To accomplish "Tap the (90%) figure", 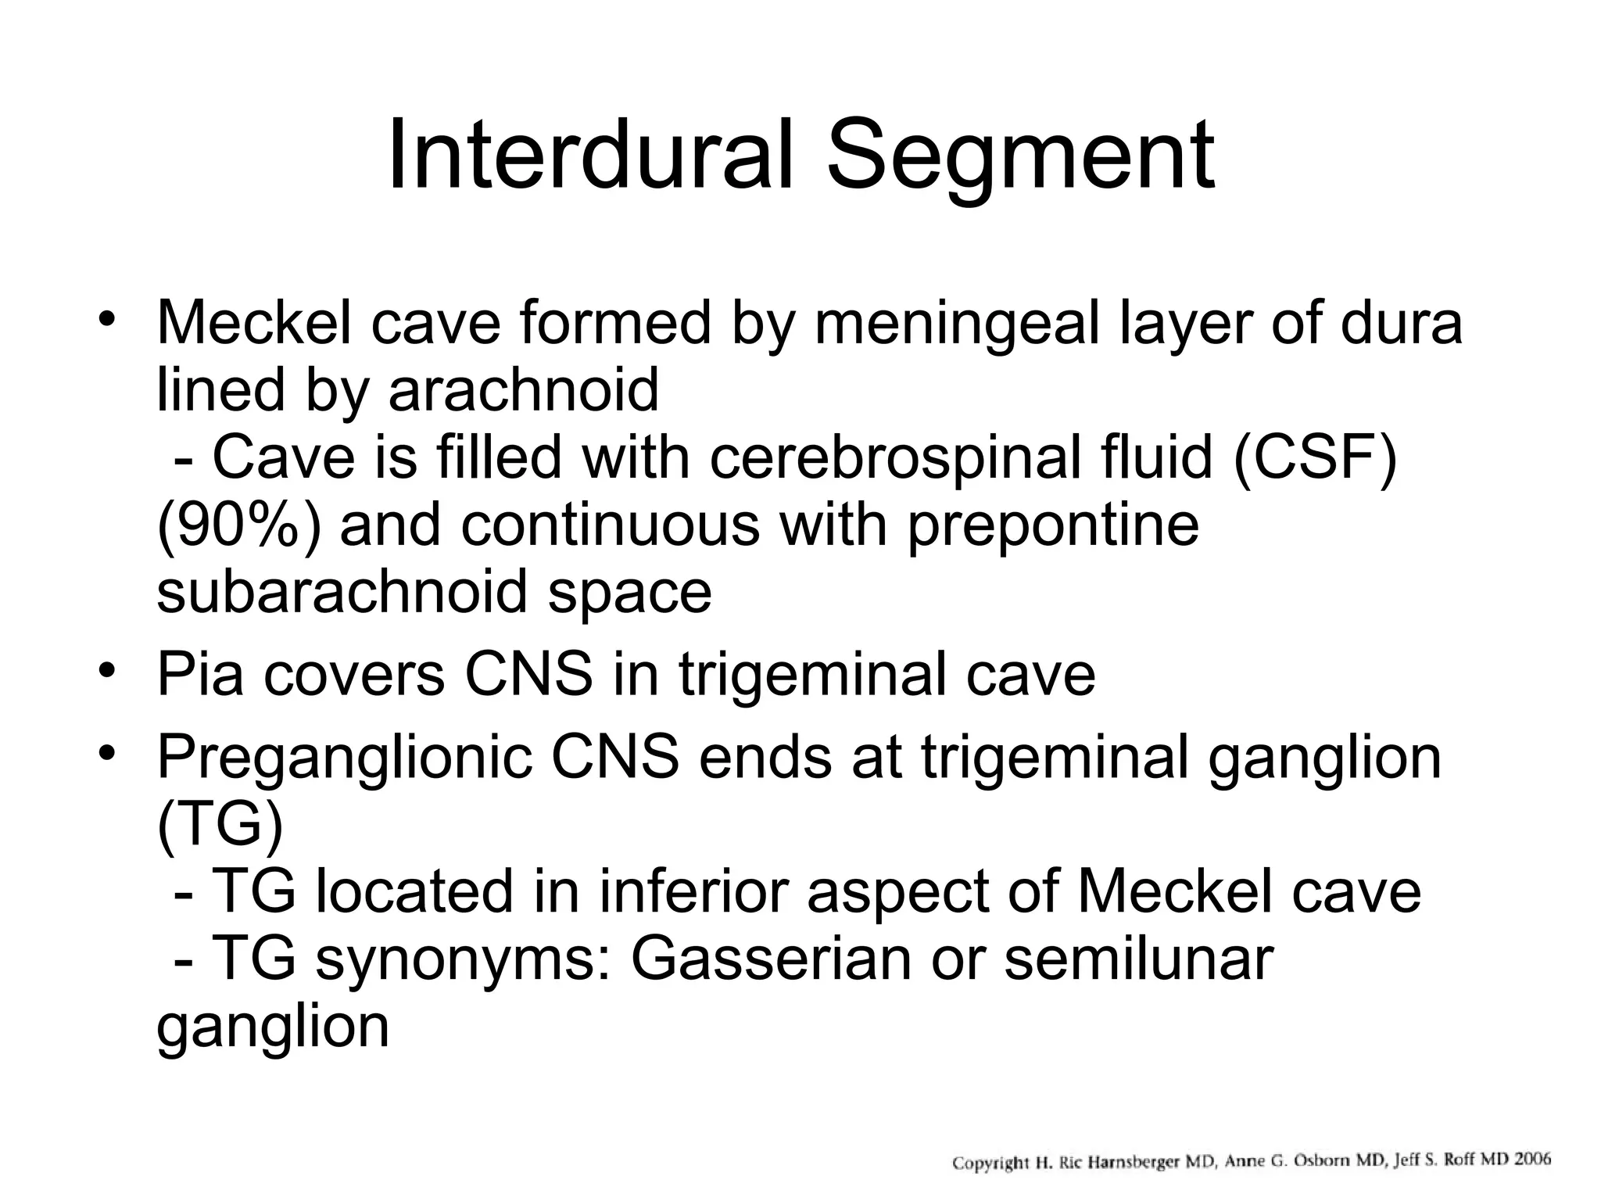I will point(238,525).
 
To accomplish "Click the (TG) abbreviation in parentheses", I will point(219,826).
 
